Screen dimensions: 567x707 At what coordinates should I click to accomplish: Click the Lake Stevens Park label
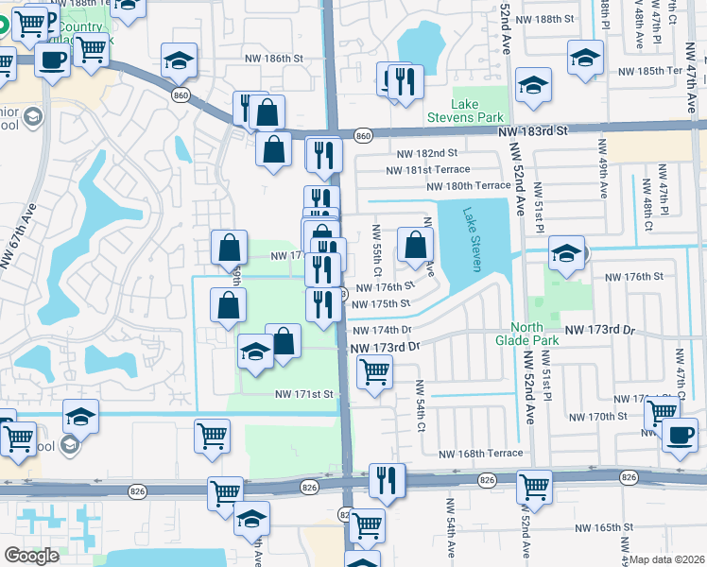(x=452, y=111)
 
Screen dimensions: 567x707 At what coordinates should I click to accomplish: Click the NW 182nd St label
(x=427, y=153)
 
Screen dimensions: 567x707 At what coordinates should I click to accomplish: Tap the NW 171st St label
(x=305, y=393)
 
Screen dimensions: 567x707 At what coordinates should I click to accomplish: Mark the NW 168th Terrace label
(x=481, y=454)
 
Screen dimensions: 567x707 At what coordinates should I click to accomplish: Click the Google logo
(x=31, y=556)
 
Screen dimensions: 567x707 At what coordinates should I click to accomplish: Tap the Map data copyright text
(x=667, y=559)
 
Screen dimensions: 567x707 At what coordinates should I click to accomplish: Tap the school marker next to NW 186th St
(x=179, y=60)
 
